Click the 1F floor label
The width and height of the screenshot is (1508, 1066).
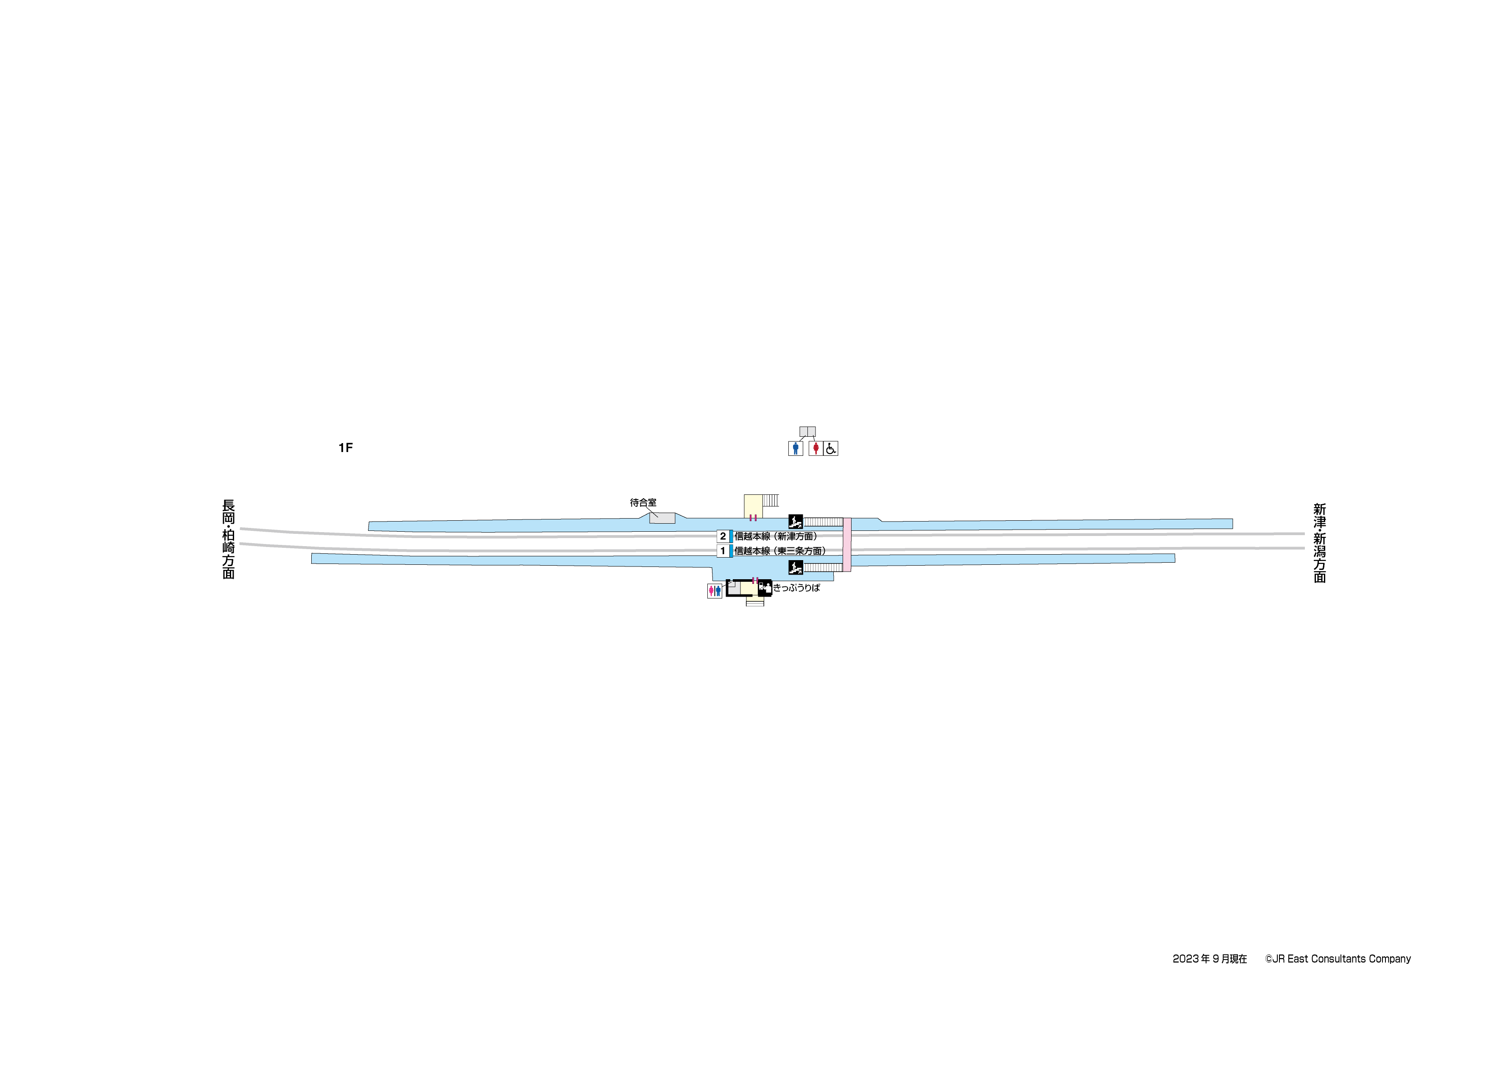click(x=346, y=448)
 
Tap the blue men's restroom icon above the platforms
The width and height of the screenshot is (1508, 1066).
click(x=796, y=449)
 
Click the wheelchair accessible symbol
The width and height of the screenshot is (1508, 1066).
click(x=831, y=449)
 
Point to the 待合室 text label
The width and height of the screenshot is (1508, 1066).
click(x=643, y=502)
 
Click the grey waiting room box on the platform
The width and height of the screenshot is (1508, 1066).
click(x=662, y=518)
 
